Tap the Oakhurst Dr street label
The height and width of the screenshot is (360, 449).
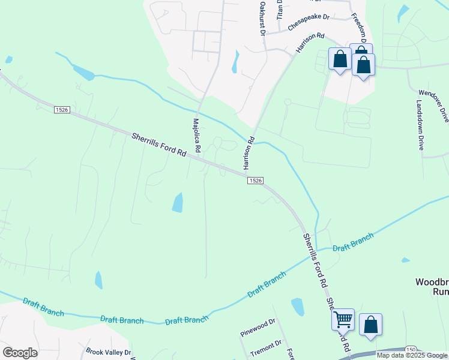(262, 18)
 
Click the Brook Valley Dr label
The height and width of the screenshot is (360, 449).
(108, 352)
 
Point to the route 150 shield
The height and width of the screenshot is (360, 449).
(411, 349)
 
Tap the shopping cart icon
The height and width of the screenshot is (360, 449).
(343, 319)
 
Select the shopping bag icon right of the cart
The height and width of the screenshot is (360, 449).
(370, 324)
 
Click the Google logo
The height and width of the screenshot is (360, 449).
(20, 352)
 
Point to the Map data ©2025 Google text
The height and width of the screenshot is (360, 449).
(412, 355)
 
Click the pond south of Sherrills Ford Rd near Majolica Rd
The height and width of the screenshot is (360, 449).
(178, 203)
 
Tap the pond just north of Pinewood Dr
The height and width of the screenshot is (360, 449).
(297, 307)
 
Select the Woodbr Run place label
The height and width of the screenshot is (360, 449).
(432, 287)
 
